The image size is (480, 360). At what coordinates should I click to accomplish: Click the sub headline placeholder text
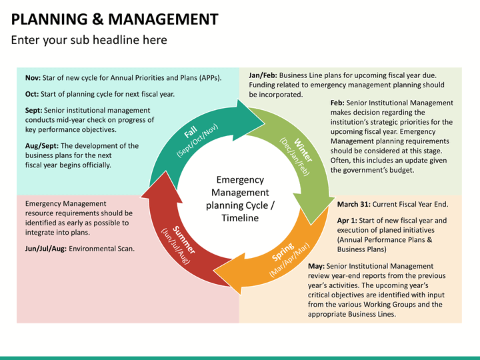pyautogui.click(x=89, y=40)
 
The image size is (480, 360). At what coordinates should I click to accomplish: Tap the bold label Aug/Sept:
pyautogui.click(x=41, y=145)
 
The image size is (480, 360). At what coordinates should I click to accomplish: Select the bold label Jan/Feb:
pyautogui.click(x=263, y=75)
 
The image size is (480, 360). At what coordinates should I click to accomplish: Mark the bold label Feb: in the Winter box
pyautogui.click(x=337, y=103)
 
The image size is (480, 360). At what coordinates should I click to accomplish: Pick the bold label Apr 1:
pyautogui.click(x=347, y=220)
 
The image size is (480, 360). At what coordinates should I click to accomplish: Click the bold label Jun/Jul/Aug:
pyautogui.click(x=45, y=248)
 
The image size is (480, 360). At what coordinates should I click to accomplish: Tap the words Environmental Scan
pyautogui.click(x=101, y=248)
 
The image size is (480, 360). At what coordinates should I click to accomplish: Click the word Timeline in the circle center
pyautogui.click(x=240, y=218)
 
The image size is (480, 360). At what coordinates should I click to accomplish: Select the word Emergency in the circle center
pyautogui.click(x=240, y=180)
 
